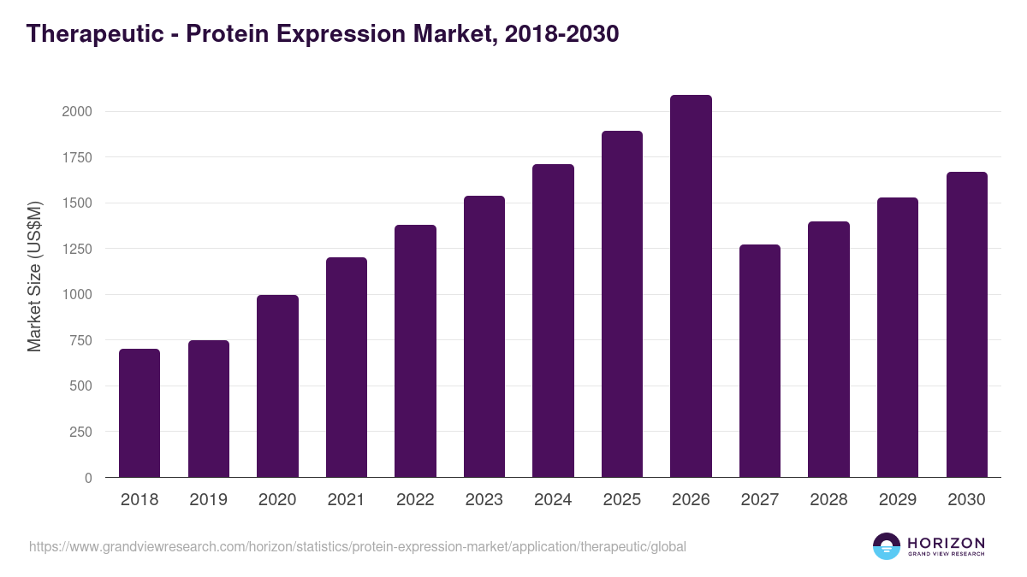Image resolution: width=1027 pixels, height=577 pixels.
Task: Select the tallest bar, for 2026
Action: pos(691,286)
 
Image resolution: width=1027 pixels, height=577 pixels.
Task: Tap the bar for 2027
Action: pos(760,361)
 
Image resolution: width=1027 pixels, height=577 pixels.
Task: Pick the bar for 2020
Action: pos(277,386)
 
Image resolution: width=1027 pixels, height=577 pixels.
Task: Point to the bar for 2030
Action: pos(966,325)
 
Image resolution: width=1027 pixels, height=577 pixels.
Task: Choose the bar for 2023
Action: pos(484,337)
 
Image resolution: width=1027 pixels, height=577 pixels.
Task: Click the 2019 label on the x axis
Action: pos(208,500)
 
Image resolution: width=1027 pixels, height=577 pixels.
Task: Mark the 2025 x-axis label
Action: pos(622,500)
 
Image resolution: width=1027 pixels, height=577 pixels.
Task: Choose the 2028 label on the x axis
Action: pos(828,500)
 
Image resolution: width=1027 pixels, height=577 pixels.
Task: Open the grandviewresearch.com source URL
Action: pos(358,546)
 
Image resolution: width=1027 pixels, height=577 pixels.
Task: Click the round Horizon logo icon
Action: pos(887,546)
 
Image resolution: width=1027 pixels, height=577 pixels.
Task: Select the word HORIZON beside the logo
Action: pos(946,542)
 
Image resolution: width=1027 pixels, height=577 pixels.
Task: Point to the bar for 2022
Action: pos(415,351)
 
